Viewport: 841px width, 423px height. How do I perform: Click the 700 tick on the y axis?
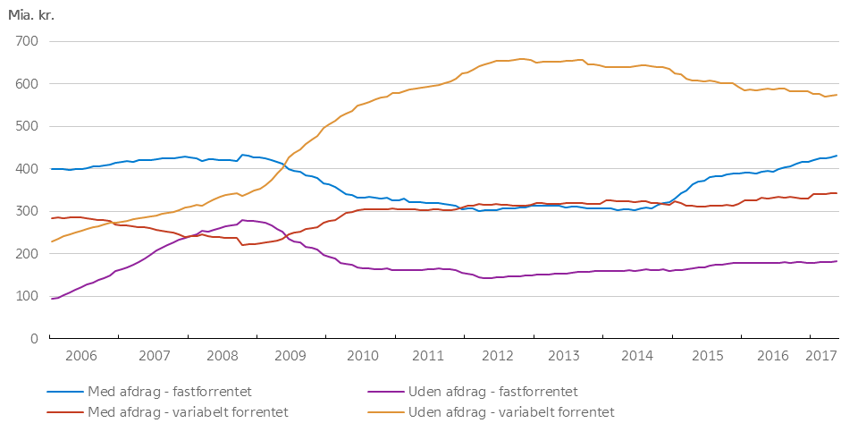coord(25,41)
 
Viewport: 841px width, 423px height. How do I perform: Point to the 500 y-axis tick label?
coord(25,126)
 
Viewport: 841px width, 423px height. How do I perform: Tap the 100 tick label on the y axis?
coord(25,296)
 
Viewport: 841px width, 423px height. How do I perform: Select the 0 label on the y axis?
coord(32,339)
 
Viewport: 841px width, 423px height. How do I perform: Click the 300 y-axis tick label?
coord(25,211)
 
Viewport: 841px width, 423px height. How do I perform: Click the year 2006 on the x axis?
coord(80,355)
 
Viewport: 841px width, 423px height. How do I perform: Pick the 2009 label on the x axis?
coord(290,355)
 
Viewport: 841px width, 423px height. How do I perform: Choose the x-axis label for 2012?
coord(496,355)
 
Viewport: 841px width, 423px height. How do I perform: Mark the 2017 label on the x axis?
coord(819,355)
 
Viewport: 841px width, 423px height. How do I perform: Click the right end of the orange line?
coord(837,95)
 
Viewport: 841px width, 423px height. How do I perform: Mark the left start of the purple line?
coord(51,299)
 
